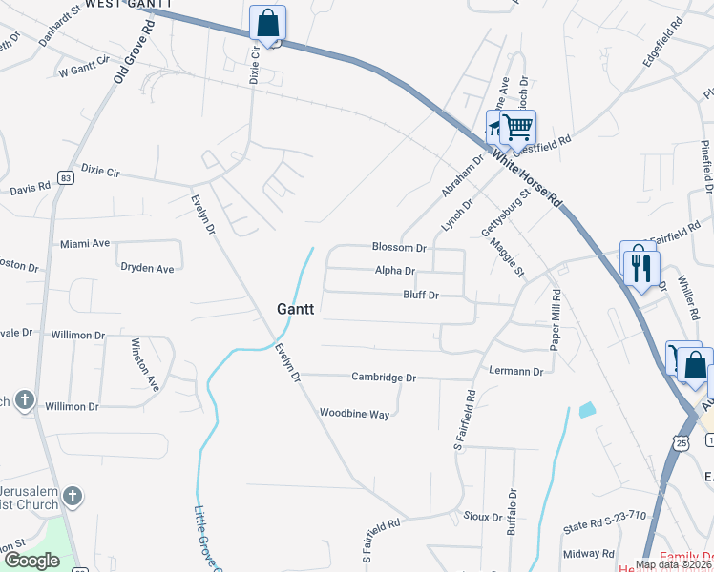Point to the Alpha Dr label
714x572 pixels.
pos(394,271)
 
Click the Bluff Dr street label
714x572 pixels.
pos(420,296)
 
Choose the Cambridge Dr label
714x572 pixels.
pos(384,378)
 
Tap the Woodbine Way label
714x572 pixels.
pos(354,414)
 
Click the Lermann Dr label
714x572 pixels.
pos(514,371)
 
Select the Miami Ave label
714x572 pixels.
pos(86,244)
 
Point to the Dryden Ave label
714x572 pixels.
pos(147,269)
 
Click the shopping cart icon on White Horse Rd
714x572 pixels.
pos(517,126)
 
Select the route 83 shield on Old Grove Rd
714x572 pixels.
pos(65,177)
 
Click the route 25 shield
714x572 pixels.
pos(680,443)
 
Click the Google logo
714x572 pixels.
pos(31,561)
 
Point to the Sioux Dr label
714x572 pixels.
pos(483,517)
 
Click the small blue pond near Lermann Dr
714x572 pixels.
pos(586,411)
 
